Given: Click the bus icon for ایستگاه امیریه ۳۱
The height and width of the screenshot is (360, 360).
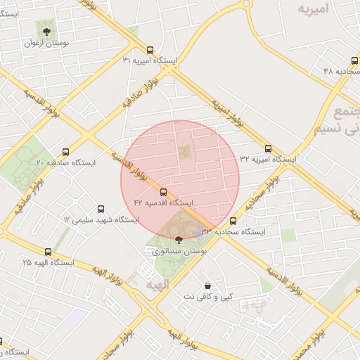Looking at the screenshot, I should [x=150, y=50].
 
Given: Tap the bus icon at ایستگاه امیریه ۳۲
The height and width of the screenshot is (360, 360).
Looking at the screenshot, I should [x=268, y=148].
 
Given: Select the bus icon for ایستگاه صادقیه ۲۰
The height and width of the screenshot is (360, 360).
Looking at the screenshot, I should [x=66, y=152].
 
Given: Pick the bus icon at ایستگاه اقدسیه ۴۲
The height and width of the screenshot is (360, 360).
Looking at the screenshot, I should [x=164, y=191].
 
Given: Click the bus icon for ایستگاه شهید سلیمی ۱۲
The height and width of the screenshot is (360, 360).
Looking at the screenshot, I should [x=101, y=209].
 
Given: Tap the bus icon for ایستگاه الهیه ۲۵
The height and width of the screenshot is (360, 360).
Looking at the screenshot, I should [x=48, y=252].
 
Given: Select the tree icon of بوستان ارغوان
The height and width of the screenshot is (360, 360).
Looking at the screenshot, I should [x=46, y=32].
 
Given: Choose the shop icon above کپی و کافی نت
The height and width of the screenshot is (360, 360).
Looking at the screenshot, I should [x=208, y=285].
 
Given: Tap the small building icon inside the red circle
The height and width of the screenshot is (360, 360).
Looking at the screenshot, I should [x=184, y=151].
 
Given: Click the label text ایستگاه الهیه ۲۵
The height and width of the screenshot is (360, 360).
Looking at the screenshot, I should [x=48, y=263].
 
